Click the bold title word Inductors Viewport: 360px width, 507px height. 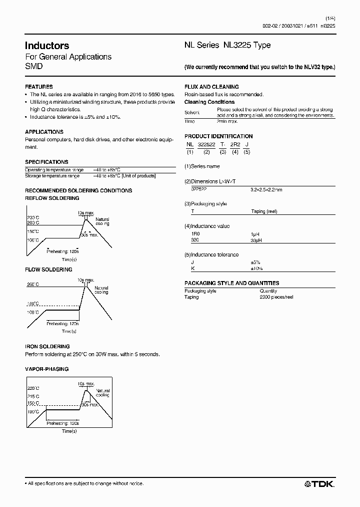click(x=47, y=46)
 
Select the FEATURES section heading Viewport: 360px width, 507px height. click(x=38, y=87)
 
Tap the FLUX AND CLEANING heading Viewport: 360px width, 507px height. click(x=211, y=87)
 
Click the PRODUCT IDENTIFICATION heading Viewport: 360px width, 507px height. click(x=218, y=136)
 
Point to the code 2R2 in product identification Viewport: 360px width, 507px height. click(x=234, y=144)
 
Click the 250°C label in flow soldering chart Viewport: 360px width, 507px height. click(x=33, y=285)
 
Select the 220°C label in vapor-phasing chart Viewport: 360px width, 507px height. click(x=33, y=388)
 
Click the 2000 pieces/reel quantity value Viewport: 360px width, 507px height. click(x=276, y=297)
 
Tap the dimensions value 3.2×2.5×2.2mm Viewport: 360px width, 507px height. click(x=266, y=190)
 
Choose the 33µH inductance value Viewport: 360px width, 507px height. click(x=255, y=240)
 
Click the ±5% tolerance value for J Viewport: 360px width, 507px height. click(x=255, y=262)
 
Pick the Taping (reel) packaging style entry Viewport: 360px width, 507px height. click(x=264, y=211)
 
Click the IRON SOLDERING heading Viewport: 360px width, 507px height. click(x=47, y=347)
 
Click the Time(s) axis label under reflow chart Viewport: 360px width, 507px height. click(x=69, y=260)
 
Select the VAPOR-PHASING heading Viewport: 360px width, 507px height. click(x=46, y=369)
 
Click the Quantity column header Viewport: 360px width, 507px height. click(x=268, y=291)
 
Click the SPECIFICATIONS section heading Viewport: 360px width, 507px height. click(x=46, y=162)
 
